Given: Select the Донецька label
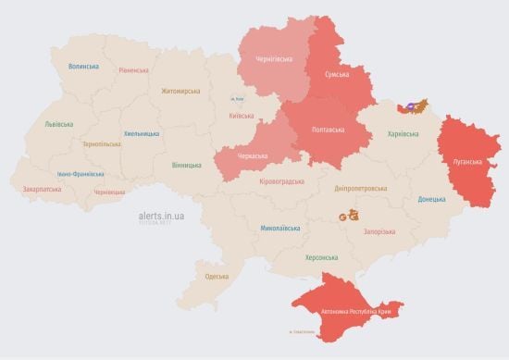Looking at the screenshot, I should (431, 199).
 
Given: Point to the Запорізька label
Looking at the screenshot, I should (379, 231).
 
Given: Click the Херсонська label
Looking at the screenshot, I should (321, 257).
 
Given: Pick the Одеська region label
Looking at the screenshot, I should (217, 277).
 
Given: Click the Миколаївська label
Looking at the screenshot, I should (279, 227).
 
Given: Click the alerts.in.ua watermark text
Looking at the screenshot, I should (155, 214).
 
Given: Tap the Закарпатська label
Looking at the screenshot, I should (43, 189).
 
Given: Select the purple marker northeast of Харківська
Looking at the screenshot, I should (407, 106).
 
